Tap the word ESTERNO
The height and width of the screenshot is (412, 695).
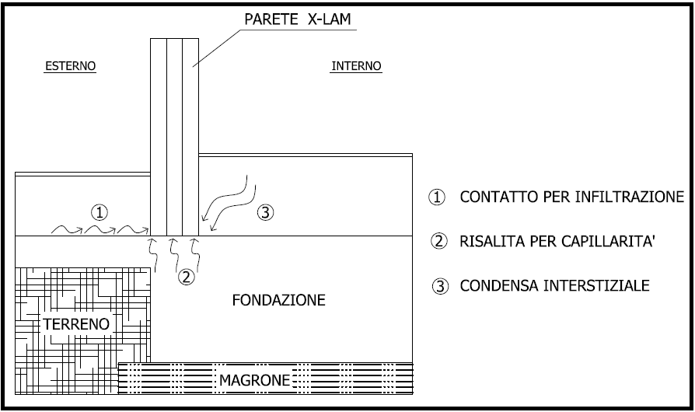(69, 66)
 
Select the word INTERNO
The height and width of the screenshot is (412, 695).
(356, 66)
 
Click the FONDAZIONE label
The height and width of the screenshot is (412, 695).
(278, 300)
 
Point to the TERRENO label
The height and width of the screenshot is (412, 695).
(76, 323)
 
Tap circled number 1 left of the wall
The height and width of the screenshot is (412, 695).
(99, 211)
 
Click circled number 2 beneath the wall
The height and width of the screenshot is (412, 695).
(185, 277)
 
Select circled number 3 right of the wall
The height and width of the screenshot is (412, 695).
(266, 211)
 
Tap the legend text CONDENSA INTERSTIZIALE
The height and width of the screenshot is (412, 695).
(554, 285)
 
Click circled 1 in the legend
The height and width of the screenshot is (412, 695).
(438, 197)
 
